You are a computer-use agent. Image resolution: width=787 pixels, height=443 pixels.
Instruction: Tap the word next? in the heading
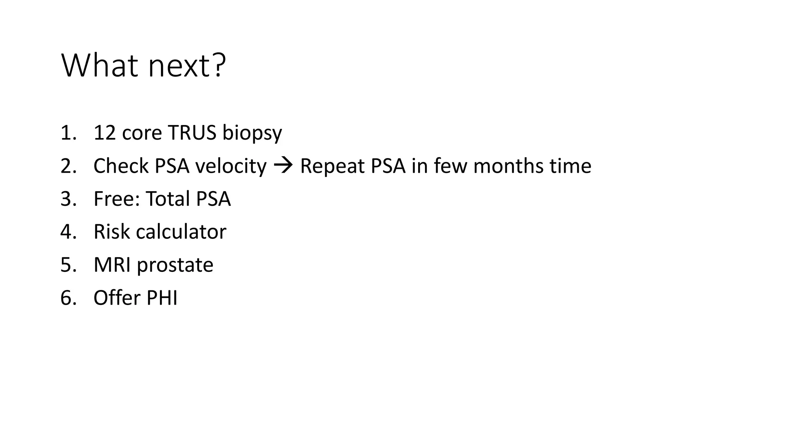click(x=187, y=66)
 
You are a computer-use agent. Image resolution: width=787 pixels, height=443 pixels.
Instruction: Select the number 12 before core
click(x=105, y=133)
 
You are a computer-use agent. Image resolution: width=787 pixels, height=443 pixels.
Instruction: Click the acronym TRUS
click(x=192, y=133)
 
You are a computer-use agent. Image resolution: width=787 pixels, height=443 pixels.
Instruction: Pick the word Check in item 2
click(x=121, y=166)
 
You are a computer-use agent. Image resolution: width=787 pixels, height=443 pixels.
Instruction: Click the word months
click(x=508, y=166)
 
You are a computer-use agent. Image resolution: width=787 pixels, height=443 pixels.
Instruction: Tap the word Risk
click(x=111, y=232)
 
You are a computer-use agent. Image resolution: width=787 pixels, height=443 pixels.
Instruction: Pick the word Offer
click(x=117, y=298)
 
